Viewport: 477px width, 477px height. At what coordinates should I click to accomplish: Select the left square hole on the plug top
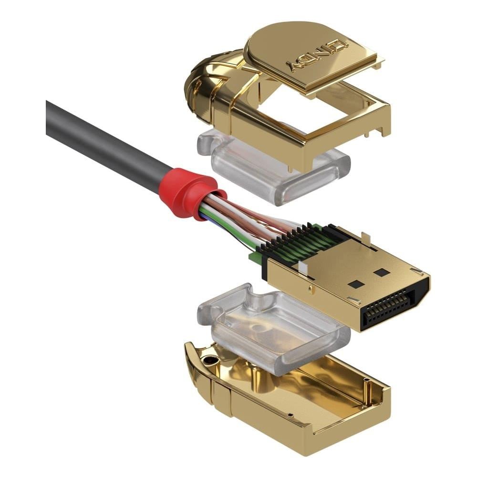pos(356,284)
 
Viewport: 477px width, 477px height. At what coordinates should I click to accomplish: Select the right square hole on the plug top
pos(382,272)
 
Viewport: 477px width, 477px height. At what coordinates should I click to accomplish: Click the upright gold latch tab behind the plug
pos(365,239)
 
